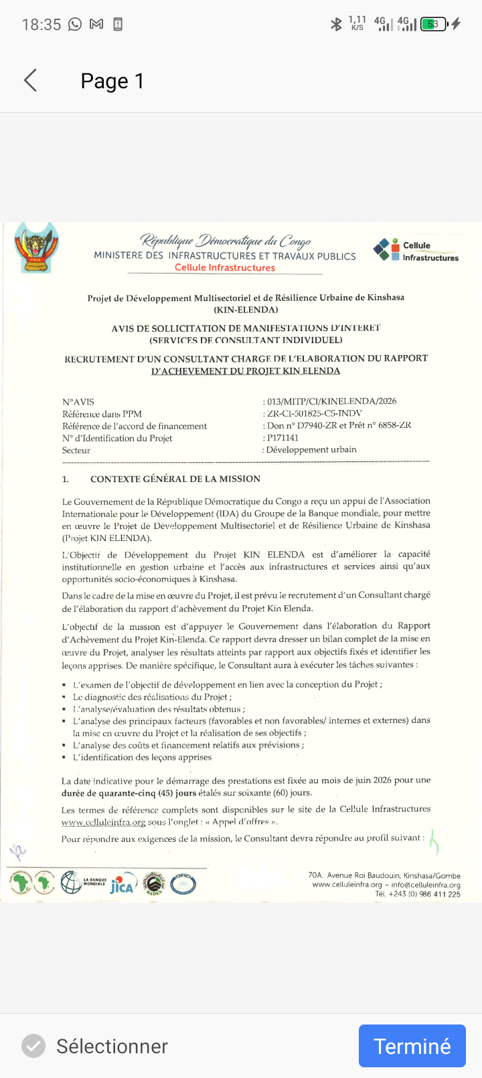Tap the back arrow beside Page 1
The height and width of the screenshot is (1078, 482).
pos(30,81)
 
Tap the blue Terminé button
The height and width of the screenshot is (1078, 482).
pos(412,1046)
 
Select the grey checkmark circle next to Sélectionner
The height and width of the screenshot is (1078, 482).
pos(33,1046)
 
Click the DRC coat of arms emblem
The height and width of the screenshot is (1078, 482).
pos(37,248)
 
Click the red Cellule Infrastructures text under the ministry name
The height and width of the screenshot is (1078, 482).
pos(225,267)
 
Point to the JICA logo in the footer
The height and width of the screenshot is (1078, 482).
pos(122,885)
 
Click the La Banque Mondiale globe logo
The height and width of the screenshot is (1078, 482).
pos(72,883)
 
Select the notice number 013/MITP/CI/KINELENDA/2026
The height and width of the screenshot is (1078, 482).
pos(331,401)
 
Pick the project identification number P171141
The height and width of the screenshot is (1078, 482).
pos(283,438)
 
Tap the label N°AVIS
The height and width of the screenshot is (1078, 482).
pos(78,402)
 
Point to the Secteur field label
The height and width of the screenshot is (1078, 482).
pos(76,450)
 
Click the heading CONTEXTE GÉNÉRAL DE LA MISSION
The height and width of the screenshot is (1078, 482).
pos(175,479)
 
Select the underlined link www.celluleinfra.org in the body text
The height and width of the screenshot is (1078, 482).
pos(103,823)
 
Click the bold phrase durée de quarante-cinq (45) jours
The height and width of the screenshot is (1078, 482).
pos(129,793)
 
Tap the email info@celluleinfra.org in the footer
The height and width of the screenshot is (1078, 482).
pos(426,885)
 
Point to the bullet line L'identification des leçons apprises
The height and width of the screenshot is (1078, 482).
pos(142,758)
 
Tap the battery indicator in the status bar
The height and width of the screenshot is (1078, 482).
pos(433,25)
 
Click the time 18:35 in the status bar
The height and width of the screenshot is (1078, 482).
pos(42,25)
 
